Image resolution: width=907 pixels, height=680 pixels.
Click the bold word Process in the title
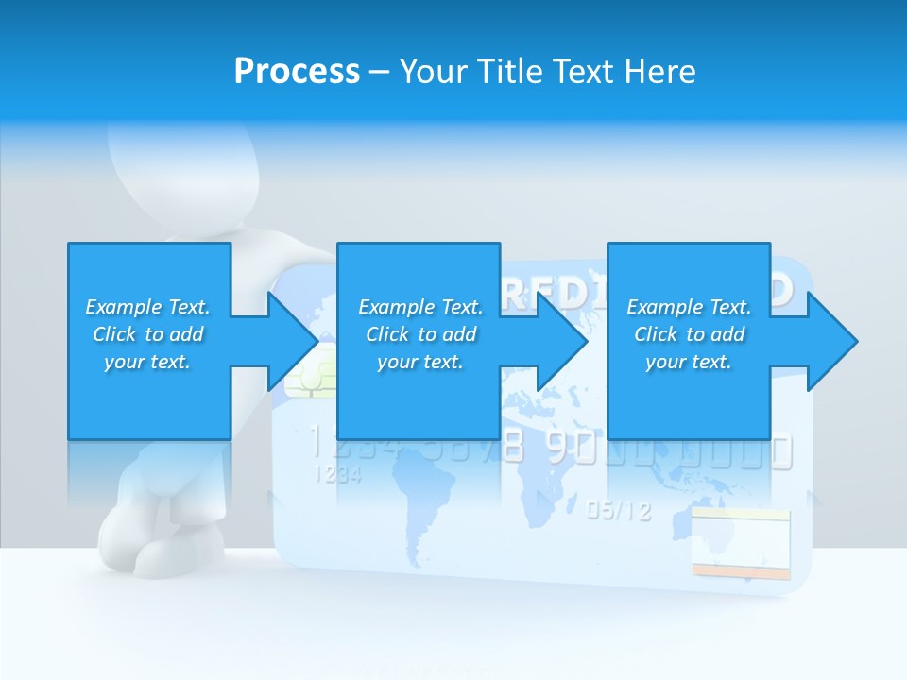(x=297, y=72)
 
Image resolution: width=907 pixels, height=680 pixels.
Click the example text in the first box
(x=148, y=334)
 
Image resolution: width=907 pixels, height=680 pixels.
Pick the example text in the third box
(x=689, y=334)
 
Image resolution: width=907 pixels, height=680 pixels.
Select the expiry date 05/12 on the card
(x=619, y=511)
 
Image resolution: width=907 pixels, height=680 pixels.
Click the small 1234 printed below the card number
(x=336, y=475)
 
